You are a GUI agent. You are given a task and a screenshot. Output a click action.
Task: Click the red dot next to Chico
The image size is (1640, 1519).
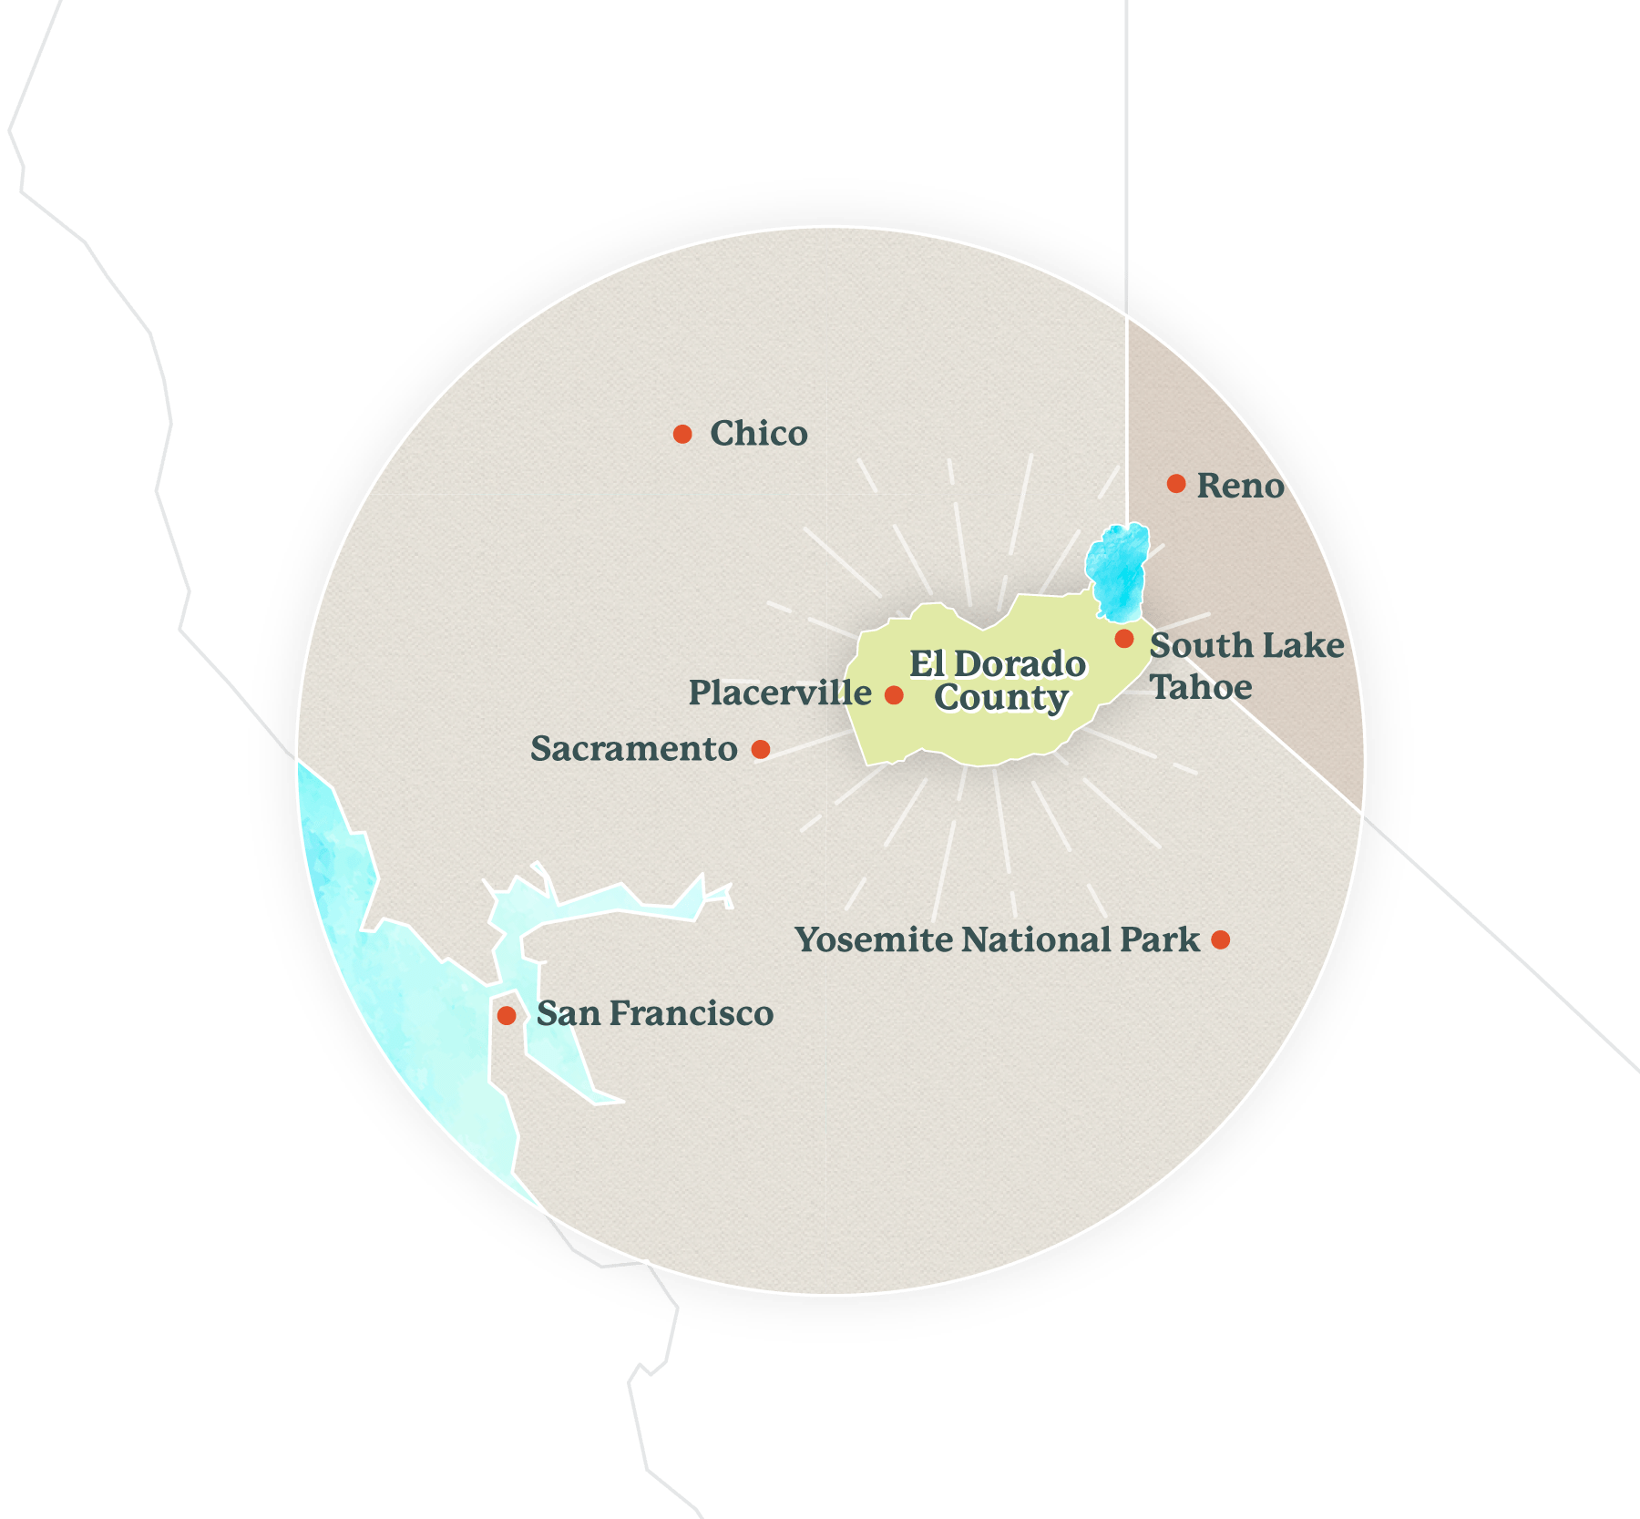(682, 434)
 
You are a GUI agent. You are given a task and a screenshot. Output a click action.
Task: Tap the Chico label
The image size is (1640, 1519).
(758, 434)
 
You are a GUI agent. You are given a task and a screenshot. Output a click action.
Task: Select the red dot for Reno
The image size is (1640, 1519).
(1176, 484)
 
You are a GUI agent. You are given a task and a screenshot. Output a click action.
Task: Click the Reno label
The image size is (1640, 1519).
(1240, 486)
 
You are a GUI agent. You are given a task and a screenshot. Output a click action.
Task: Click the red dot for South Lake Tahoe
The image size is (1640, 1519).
(1124, 639)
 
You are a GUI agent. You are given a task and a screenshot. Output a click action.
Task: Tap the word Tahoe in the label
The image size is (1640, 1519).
(1201, 687)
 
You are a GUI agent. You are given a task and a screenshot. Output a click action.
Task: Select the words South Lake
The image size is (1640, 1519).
(1246, 645)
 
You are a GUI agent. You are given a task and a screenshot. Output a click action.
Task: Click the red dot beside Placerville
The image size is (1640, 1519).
(894, 695)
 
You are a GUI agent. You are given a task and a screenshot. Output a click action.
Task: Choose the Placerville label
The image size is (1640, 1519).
(780, 693)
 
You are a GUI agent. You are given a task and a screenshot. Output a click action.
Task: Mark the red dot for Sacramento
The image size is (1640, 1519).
(761, 749)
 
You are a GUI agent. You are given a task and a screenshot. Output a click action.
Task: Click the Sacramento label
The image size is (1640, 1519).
(634, 749)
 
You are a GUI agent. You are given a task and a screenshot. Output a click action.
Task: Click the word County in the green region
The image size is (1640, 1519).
(1000, 698)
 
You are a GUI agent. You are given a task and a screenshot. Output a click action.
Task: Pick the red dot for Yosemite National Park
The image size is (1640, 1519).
(1221, 939)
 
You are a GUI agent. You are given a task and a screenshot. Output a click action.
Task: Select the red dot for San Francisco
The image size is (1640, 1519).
(507, 1015)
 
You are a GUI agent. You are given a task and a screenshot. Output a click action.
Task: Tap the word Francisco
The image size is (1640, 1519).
(692, 1013)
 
